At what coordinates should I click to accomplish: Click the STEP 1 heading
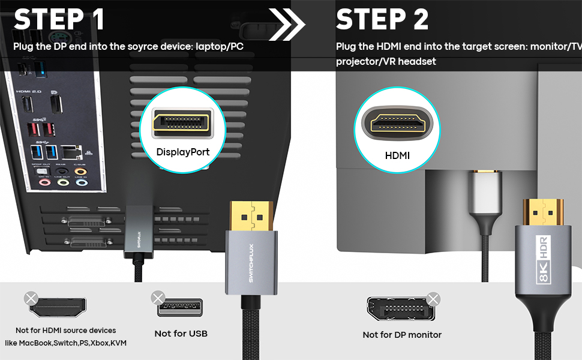[x=59, y=19]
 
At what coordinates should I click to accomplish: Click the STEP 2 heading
[x=382, y=19]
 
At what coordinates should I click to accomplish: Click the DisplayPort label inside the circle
[x=183, y=152]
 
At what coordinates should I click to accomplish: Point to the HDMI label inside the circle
[x=397, y=155]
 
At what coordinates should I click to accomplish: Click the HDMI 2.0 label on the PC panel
[x=28, y=91]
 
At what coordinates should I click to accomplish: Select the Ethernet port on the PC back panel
[x=73, y=151]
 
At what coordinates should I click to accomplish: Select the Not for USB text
[x=181, y=334]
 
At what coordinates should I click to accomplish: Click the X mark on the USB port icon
[x=158, y=298]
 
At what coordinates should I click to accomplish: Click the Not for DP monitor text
[x=402, y=335]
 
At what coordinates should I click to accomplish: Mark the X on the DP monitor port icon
[x=433, y=299]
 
